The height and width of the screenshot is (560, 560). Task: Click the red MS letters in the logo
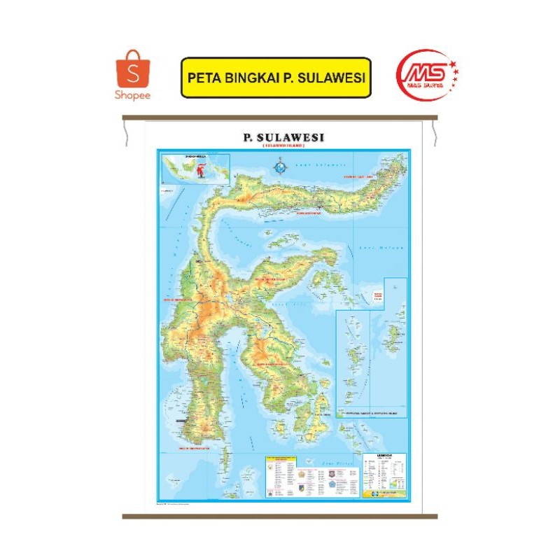pyautogui.click(x=418, y=70)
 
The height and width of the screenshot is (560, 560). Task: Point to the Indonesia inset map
pyautogui.click(x=195, y=168)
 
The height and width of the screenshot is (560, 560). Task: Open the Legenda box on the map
pyautogui.click(x=384, y=474)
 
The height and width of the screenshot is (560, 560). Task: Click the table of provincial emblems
pyautogui.click(x=311, y=476)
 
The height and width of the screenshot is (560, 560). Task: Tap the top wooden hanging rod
pyautogui.click(x=280, y=117)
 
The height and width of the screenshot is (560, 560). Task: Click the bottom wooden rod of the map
pyautogui.click(x=280, y=516)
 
